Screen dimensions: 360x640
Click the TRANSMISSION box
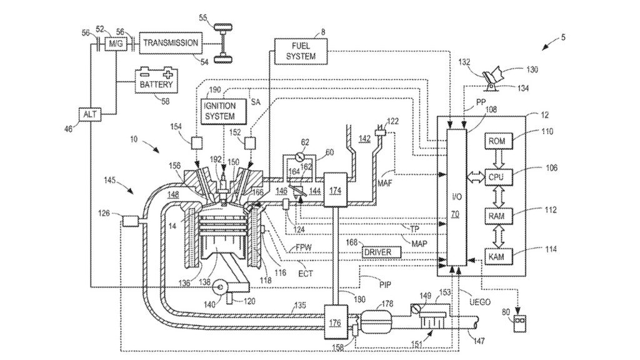171,42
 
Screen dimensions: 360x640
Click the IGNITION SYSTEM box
219,111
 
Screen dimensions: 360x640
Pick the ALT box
89,114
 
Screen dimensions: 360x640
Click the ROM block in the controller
497,141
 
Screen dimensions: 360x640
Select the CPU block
497,177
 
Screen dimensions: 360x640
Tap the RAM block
497,215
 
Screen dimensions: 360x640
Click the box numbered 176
334,322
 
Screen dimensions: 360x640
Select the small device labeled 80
518,323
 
